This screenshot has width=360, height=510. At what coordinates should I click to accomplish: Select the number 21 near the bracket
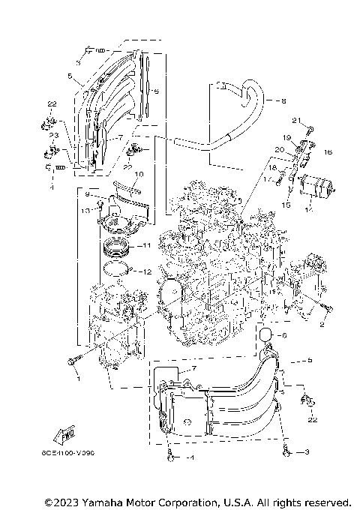(296, 121)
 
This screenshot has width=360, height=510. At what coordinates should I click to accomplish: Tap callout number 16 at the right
(328, 152)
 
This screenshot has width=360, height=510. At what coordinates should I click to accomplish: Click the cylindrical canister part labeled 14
(316, 185)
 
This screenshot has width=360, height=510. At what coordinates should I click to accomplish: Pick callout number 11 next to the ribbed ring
(147, 245)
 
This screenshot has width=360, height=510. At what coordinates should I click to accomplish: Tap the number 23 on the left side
(53, 136)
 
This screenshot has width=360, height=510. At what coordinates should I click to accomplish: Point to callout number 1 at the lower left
(75, 379)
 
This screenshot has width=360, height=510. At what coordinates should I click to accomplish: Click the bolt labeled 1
(72, 361)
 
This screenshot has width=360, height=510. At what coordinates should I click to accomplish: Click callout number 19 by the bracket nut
(286, 138)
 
